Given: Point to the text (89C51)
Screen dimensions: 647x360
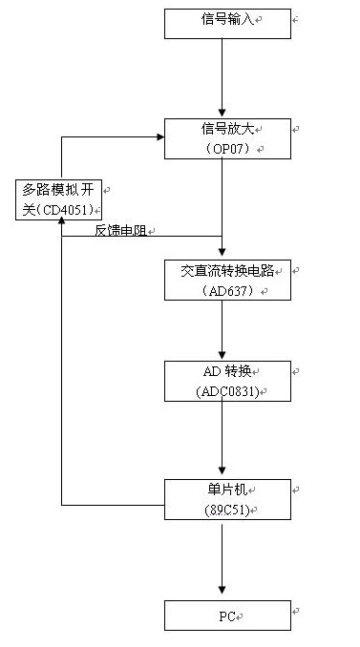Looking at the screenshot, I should (x=227, y=511).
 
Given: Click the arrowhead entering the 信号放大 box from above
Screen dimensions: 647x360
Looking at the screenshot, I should (x=222, y=113).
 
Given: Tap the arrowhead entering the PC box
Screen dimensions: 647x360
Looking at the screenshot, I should (x=222, y=595).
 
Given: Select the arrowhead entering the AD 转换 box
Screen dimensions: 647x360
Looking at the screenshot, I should (x=222, y=355).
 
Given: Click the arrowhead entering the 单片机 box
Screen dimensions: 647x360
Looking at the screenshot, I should (x=222, y=474).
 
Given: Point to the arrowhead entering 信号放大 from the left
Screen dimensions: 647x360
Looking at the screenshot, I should (x=159, y=136).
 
